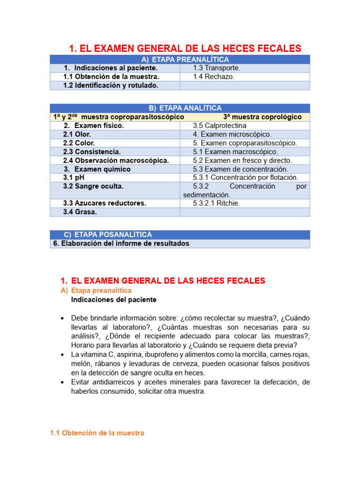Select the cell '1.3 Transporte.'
click(216, 68)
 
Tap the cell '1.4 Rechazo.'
click(213, 76)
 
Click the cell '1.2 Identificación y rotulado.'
click(111, 85)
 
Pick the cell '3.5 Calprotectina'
click(219, 126)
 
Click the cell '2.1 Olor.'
click(77, 134)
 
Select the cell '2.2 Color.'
click(79, 143)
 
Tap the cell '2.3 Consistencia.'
click(92, 151)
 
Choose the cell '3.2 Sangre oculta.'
click(93, 186)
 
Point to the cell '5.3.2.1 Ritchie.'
click(216, 203)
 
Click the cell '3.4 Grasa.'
click(80, 212)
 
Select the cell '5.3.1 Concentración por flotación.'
click(245, 178)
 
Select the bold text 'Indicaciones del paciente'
click(113, 300)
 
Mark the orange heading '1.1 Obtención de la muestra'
click(97, 433)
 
